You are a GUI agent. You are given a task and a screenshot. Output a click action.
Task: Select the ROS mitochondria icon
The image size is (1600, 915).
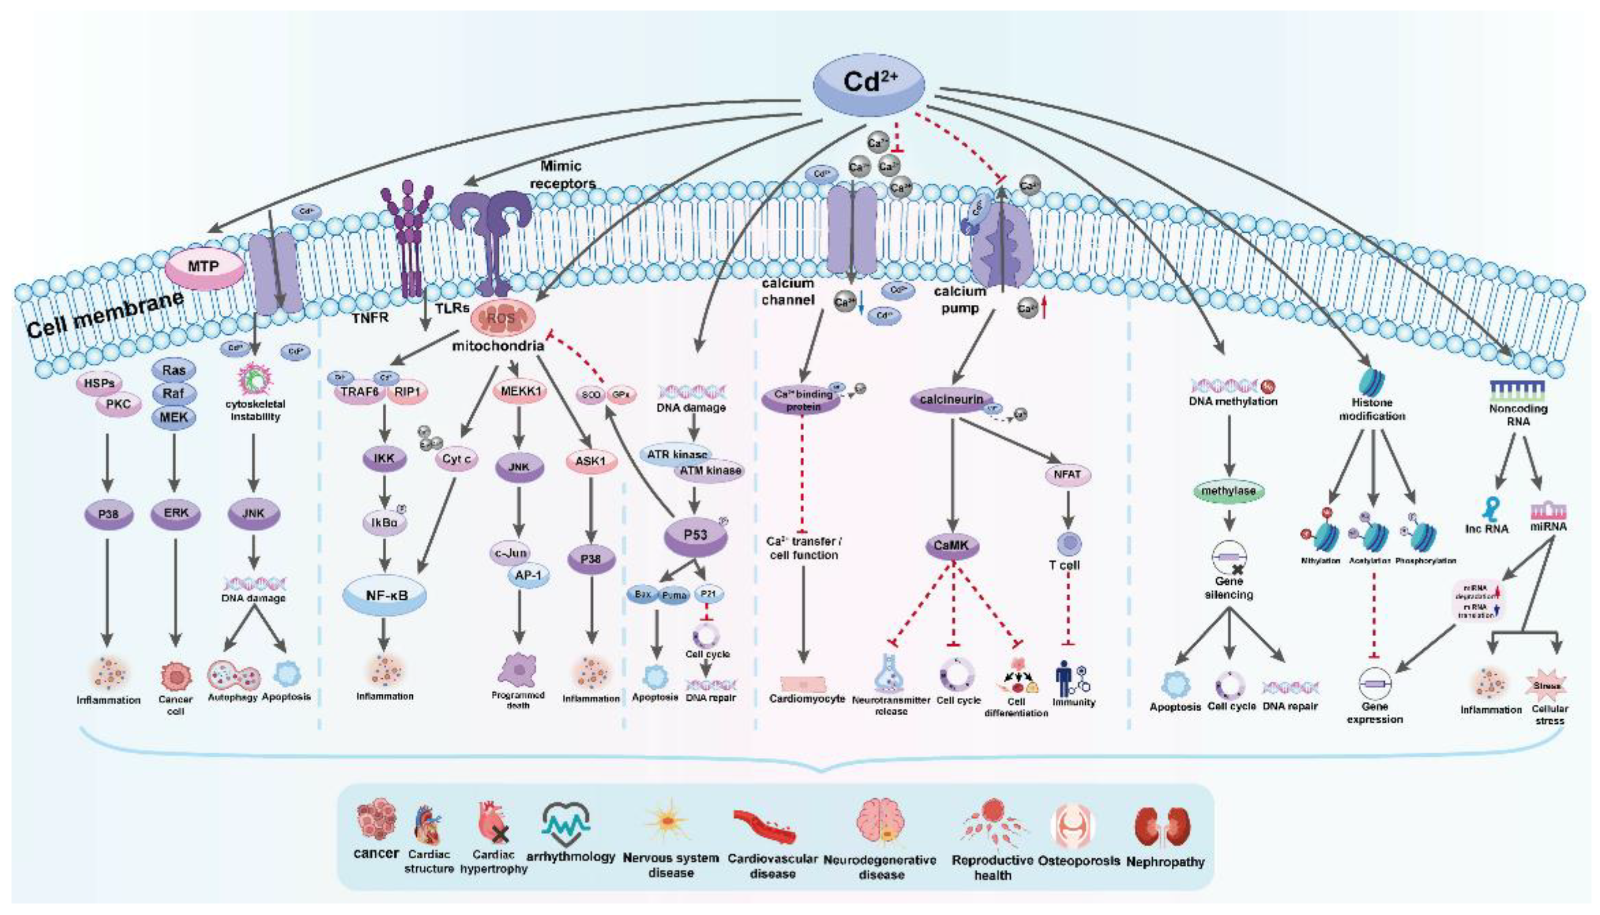503,317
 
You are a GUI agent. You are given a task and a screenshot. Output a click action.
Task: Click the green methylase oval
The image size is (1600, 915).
1228,491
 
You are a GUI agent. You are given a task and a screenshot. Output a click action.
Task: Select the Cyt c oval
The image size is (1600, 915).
456,460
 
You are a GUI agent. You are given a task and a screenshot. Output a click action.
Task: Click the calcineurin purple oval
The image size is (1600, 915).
951,399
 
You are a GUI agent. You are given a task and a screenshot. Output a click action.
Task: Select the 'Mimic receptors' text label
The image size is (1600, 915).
562,175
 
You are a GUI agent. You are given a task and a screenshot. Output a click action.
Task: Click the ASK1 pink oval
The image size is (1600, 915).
590,462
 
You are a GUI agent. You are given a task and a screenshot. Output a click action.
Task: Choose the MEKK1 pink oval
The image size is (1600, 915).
520,391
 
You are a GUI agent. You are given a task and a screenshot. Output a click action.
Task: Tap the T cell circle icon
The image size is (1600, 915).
1068,544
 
